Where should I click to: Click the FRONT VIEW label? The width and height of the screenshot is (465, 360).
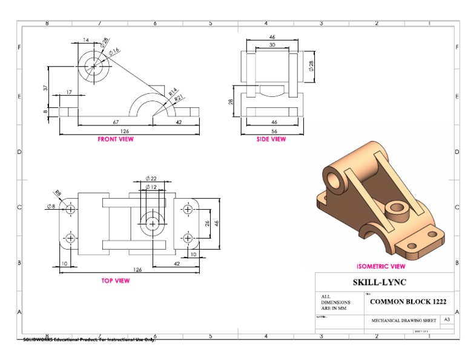[116, 139]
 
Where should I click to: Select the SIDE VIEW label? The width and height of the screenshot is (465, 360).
[271, 139]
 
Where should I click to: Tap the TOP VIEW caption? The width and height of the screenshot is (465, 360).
[115, 281]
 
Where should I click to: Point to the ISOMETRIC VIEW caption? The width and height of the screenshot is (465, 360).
[381, 266]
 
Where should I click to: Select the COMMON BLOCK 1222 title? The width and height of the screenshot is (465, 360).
[408, 301]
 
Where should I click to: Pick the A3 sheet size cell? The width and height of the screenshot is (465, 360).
[447, 319]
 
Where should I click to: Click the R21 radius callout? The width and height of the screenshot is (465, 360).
[179, 99]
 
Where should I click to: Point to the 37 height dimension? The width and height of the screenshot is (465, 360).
[46, 87]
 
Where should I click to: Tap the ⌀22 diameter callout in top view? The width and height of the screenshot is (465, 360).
[151, 179]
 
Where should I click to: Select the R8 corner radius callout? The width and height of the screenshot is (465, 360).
[58, 193]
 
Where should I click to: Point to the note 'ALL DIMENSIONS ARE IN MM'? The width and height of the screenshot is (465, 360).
[335, 302]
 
